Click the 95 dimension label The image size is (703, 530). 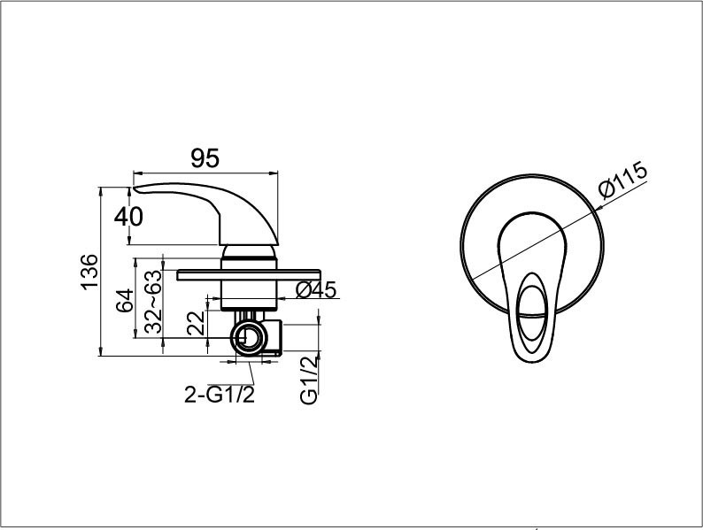coord(205,157)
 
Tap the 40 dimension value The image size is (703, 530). coord(128,217)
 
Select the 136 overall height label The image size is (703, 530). coord(89,272)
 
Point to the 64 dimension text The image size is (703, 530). coord(125,300)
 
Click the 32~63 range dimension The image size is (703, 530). coord(153,302)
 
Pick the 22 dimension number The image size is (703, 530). coord(196,323)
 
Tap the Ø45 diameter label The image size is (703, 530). coord(316,290)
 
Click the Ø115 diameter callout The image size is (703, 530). coord(623,180)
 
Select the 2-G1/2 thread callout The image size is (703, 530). coord(220,395)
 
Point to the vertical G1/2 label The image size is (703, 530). coord(309,380)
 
